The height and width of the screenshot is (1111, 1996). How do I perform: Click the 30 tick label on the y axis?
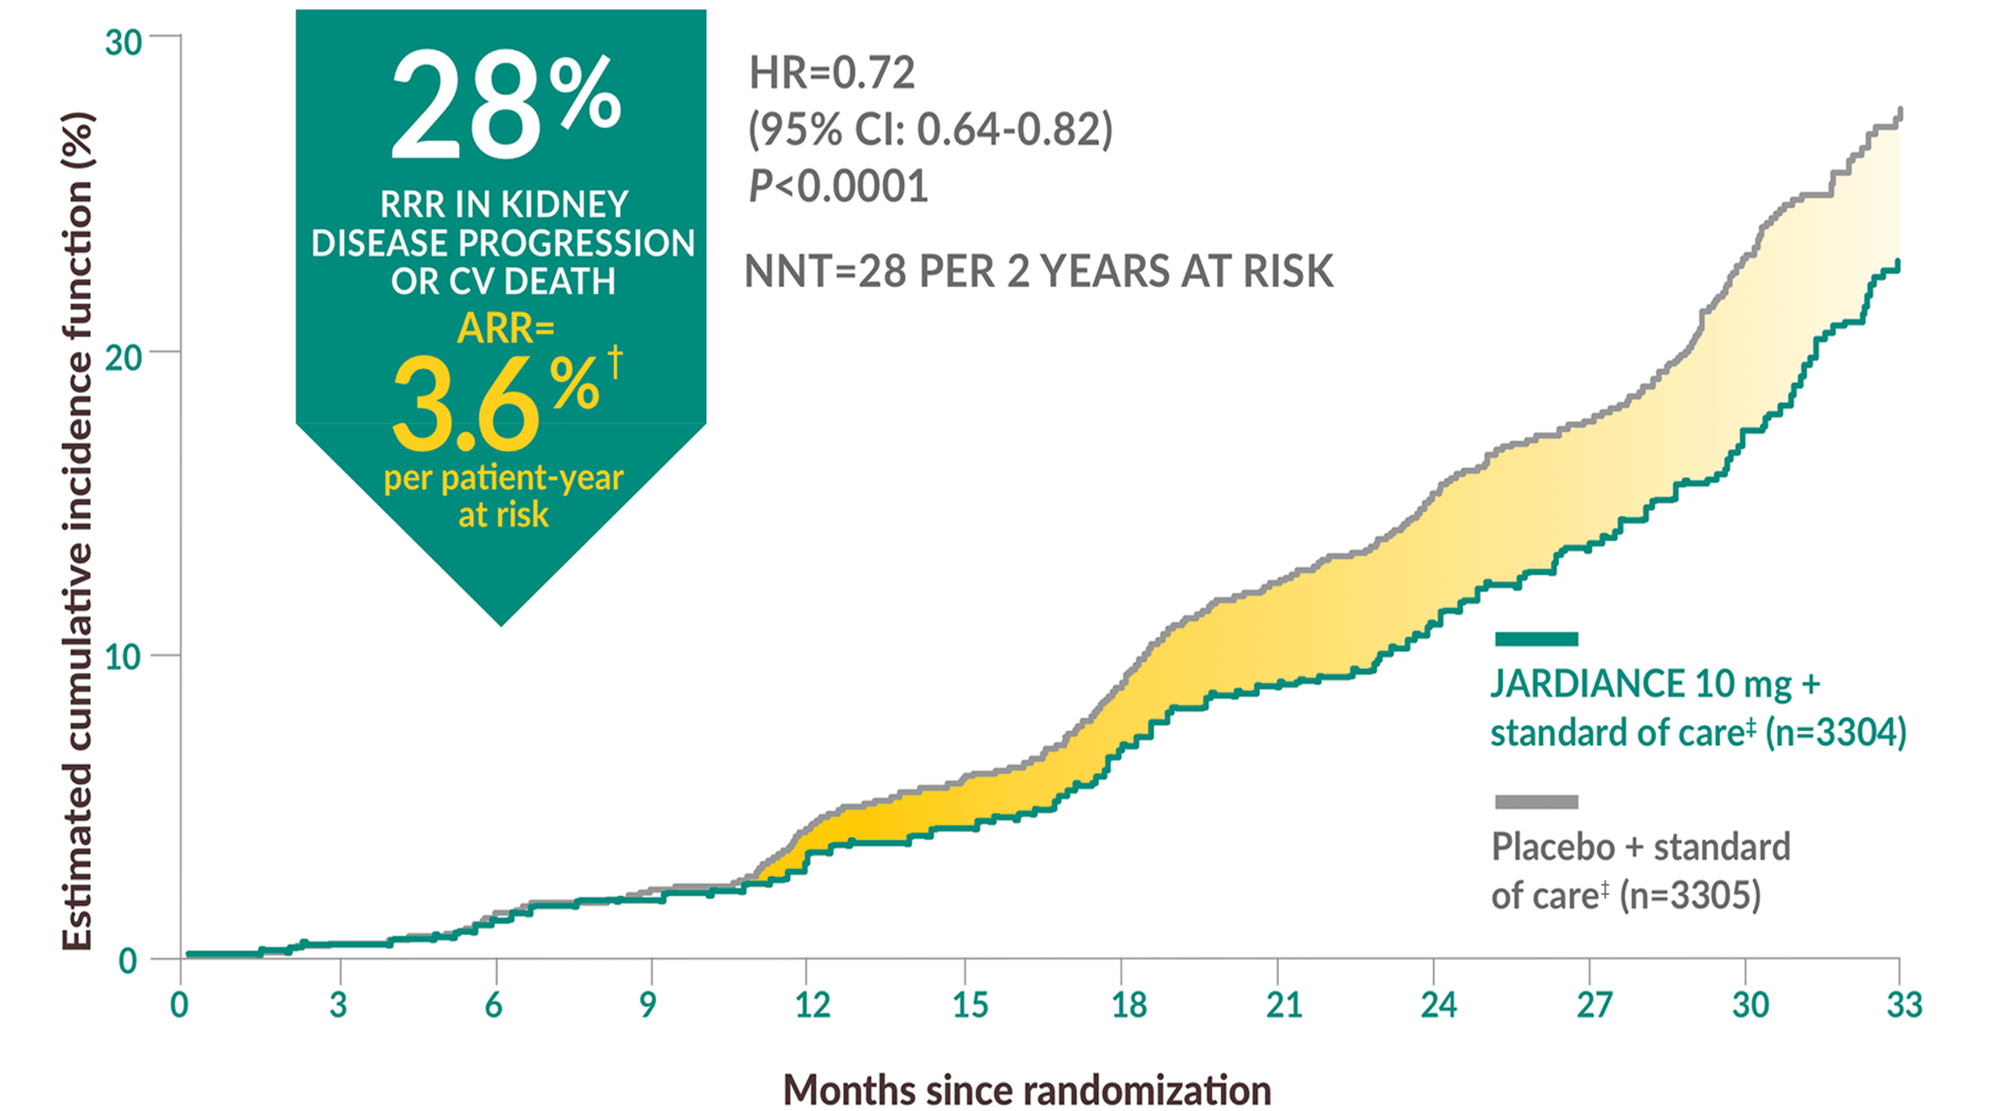coord(123,43)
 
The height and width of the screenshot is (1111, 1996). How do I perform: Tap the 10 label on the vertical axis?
coord(122,657)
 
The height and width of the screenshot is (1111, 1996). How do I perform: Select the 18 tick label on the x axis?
coord(1128,1006)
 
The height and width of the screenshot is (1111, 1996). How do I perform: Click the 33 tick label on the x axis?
coord(1904,1006)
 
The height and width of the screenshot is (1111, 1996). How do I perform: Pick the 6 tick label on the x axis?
coord(494,1006)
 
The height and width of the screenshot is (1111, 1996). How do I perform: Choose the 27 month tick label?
coord(1594,1006)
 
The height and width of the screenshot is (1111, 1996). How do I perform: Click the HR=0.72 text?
coord(832,73)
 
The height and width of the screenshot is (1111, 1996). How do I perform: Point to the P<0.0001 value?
coord(838,187)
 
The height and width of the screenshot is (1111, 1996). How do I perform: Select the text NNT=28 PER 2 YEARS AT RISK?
coord(1038,272)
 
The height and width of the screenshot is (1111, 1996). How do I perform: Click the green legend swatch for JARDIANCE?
coord(1536,639)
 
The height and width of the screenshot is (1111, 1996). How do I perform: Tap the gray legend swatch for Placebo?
coord(1536,802)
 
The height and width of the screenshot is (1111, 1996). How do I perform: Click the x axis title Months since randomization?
coord(1027,1090)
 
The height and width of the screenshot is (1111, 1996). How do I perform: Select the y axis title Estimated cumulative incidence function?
coord(77,531)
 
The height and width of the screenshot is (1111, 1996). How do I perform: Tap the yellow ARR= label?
coord(505,328)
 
